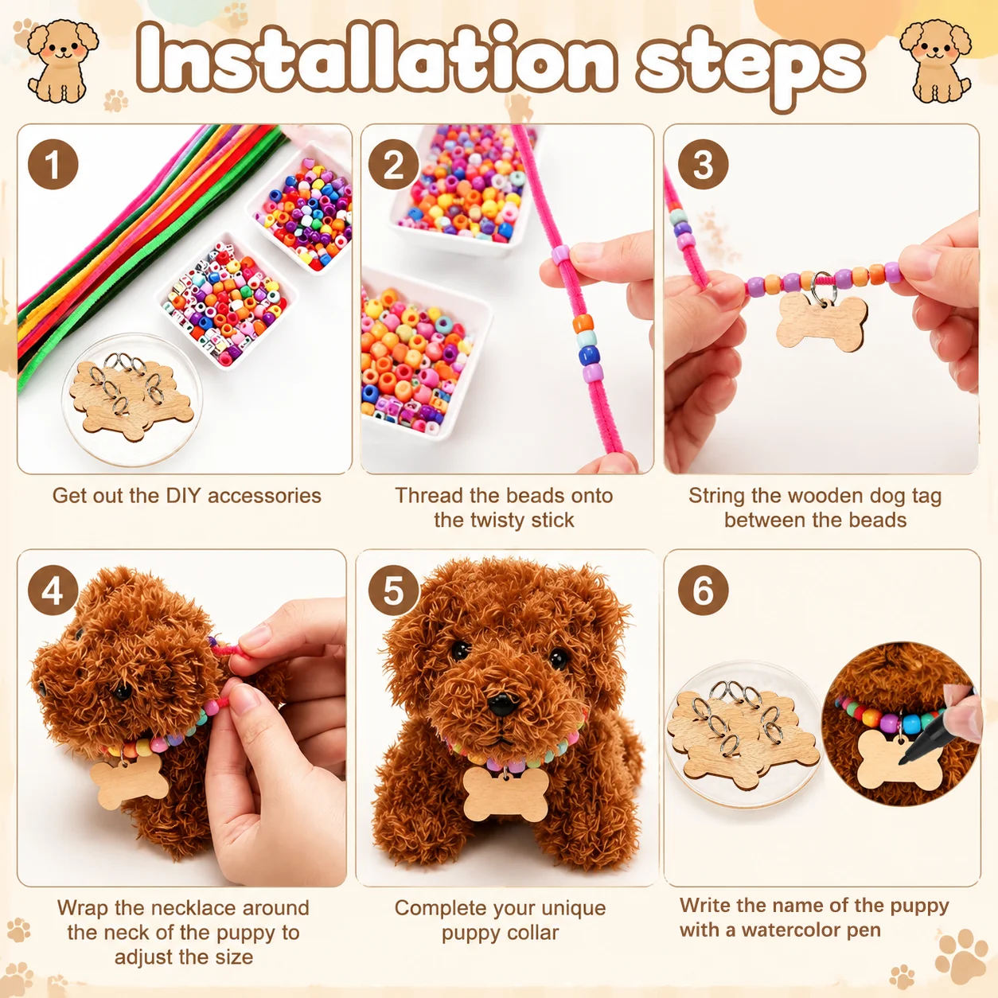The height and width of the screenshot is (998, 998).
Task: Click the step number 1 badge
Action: pos(53,165)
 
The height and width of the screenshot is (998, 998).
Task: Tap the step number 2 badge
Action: pos(393,165)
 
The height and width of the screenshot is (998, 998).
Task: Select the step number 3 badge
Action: pos(703,165)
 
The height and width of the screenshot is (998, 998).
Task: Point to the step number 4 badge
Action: pos(53,590)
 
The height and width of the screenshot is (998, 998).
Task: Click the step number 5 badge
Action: pos(393,590)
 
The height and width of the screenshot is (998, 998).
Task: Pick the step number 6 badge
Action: pos(703,590)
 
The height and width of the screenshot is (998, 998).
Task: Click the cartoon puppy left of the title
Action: pos(63,60)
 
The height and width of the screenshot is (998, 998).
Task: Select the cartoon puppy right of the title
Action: pos(935,60)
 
